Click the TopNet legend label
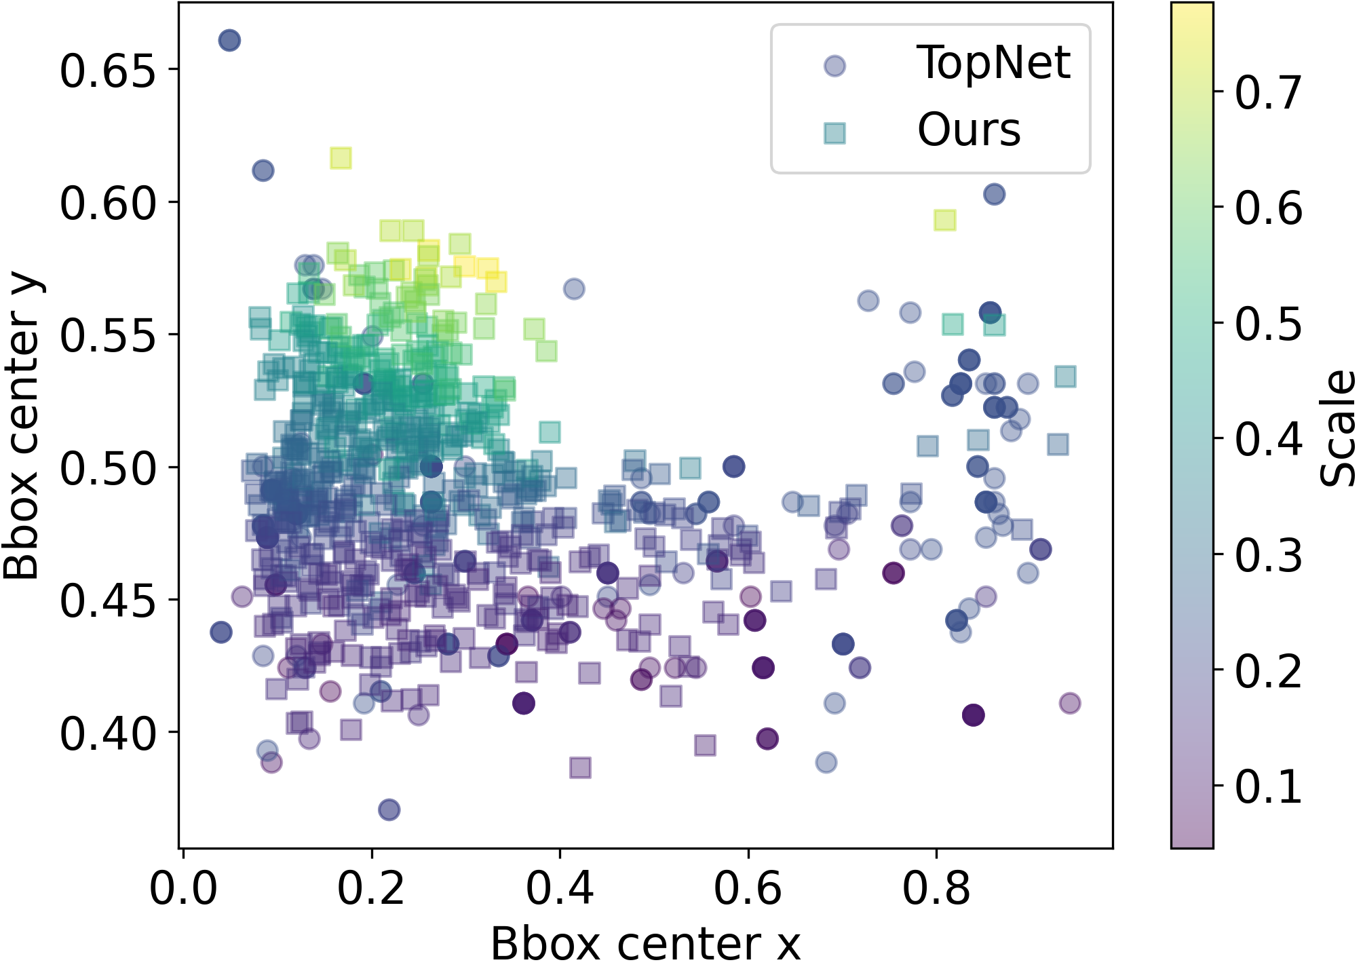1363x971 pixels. pos(993,63)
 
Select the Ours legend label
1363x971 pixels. pos(969,130)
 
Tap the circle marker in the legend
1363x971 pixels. pos(834,66)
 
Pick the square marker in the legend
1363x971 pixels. pos(834,133)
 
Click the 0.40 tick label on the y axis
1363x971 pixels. pos(109,733)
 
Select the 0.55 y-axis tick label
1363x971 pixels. pos(109,335)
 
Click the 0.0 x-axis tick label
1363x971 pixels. pos(183,889)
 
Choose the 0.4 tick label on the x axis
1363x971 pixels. pos(560,889)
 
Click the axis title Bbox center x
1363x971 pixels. pos(645,944)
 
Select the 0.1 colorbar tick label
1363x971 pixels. pos(1268,786)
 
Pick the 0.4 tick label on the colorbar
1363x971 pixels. pos(1268,439)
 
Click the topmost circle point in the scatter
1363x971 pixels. pos(229,41)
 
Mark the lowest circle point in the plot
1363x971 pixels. pos(389,810)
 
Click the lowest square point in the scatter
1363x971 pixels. pos(580,768)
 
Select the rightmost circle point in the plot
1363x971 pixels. pos(1070,703)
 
